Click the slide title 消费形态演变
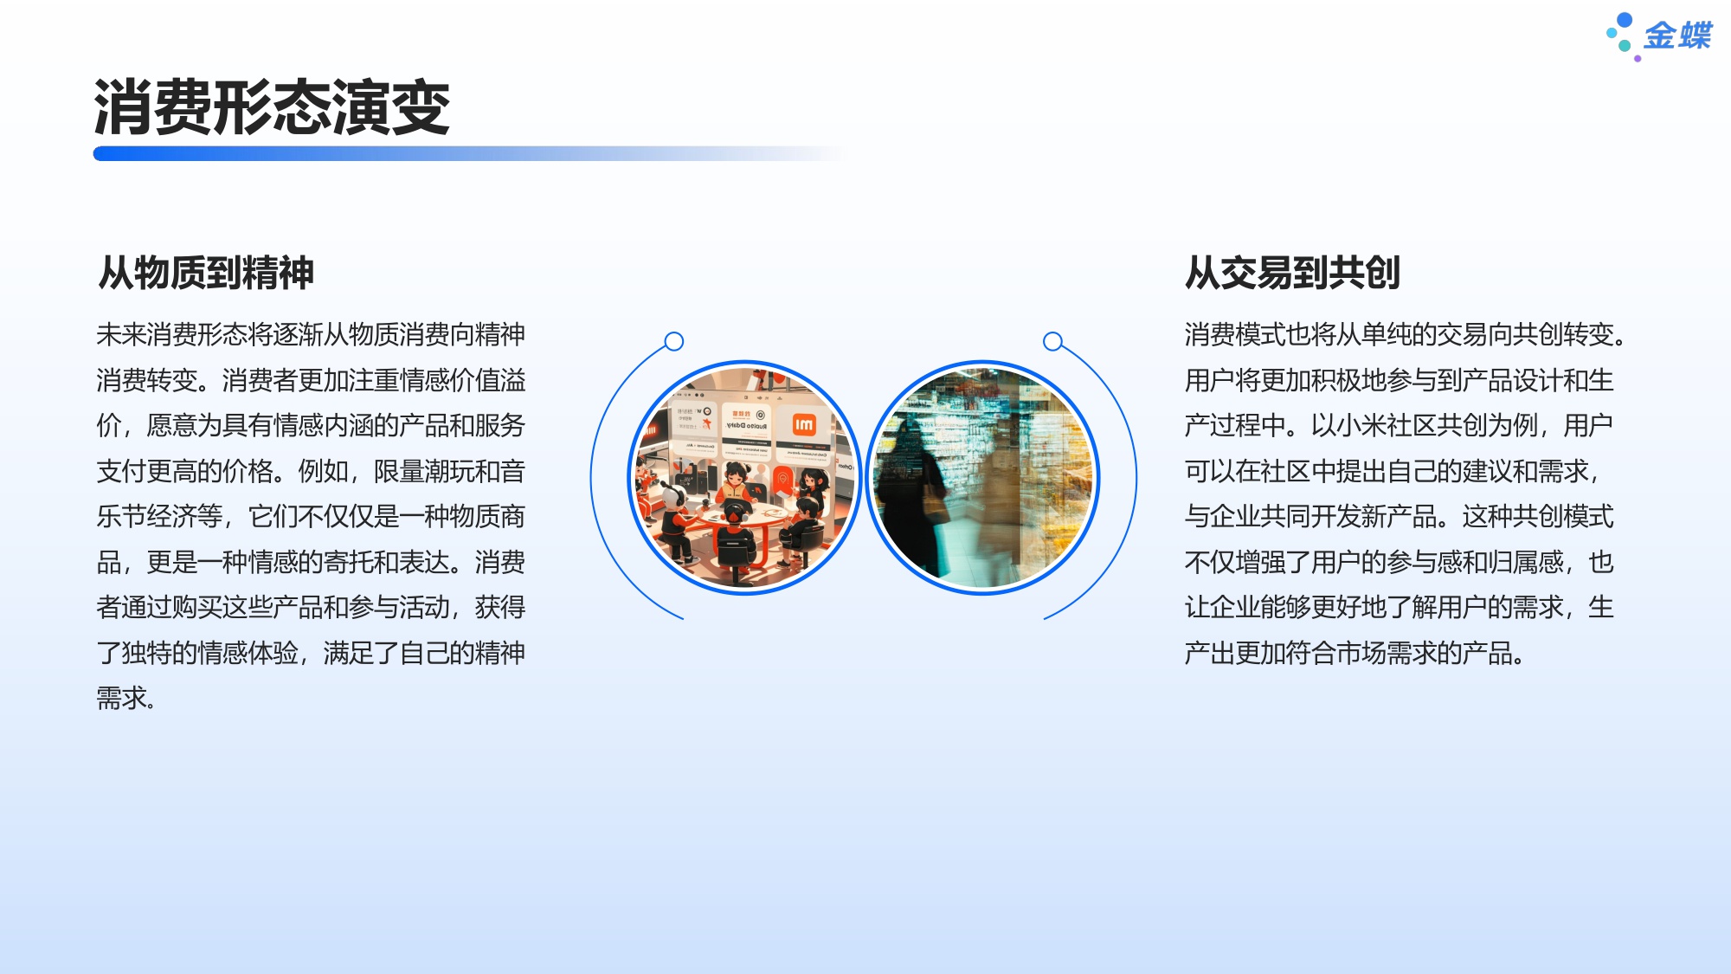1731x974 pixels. click(x=272, y=107)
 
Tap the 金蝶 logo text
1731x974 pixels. click(x=1677, y=35)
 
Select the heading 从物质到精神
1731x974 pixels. click(x=206, y=273)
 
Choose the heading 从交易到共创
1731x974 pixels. click(x=1292, y=273)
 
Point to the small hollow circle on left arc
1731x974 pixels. click(x=674, y=341)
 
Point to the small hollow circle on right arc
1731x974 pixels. click(x=1052, y=341)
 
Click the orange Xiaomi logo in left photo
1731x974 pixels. click(x=804, y=424)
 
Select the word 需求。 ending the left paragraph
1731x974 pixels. click(x=126, y=699)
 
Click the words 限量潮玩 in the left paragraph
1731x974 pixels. click(x=424, y=472)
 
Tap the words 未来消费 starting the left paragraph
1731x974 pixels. click(x=146, y=335)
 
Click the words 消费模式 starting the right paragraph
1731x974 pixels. click(x=1235, y=335)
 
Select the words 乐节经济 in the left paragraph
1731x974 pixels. click(x=146, y=517)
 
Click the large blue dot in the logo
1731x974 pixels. click(x=1625, y=20)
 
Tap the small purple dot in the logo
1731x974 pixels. click(x=1638, y=59)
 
